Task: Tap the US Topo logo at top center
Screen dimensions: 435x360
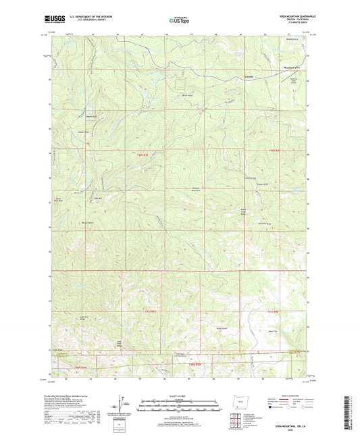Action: coord(178,22)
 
